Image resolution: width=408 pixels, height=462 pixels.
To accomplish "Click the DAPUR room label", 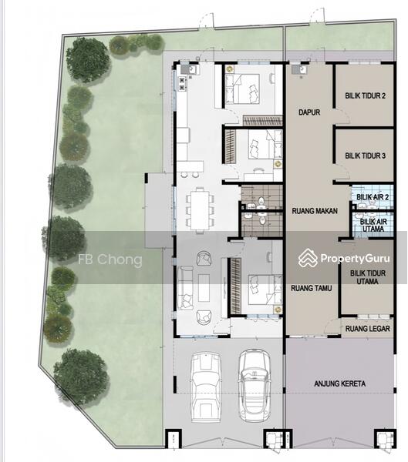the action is point(309,112).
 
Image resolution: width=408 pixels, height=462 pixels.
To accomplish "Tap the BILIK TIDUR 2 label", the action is point(365,95).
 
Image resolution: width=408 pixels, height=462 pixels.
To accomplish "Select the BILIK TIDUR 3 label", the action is point(365,156).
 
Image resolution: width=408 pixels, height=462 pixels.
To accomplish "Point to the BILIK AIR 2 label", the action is point(373,197).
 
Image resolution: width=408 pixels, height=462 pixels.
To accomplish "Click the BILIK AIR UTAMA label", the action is point(373,225).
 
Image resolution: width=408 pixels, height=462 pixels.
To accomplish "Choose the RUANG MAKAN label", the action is point(315,211).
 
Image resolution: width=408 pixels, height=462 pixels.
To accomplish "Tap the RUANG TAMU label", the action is point(311,288).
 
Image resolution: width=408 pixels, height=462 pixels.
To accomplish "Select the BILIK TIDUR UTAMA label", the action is point(368,277).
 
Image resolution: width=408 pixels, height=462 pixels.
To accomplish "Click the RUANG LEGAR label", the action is point(368,329).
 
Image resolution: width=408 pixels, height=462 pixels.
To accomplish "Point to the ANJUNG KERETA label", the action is point(340,383).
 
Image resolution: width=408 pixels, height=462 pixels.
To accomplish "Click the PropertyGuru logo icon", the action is point(307,258).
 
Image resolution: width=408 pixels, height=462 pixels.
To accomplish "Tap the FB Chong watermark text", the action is point(110,259).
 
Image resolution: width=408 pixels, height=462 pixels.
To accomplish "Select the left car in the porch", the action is point(206,387).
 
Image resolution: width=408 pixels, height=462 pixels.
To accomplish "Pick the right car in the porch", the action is point(255,386).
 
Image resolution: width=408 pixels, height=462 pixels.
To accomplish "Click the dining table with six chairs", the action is point(200,210).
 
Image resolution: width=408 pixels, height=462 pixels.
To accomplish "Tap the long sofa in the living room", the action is point(185,287).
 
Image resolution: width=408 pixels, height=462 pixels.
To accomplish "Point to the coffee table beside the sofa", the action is point(204,287).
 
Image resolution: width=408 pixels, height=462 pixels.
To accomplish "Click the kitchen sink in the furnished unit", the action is point(189,70).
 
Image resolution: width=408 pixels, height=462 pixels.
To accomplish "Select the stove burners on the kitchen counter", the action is point(182,83).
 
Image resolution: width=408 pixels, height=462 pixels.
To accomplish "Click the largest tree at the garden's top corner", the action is point(88,60).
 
